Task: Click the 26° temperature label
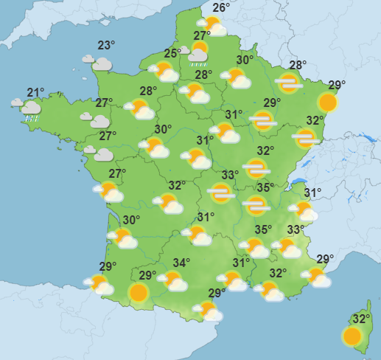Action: (220, 8)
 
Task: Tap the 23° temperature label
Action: (107, 44)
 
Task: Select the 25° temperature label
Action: (172, 53)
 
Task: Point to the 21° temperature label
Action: (35, 92)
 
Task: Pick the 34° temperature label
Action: (181, 262)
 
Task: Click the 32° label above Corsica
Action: (360, 319)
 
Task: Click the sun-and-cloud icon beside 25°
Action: (163, 72)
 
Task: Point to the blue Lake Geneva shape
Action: (299, 183)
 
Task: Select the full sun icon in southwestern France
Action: (138, 293)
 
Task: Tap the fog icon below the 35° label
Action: (256, 204)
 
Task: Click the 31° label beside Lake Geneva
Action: (313, 193)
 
